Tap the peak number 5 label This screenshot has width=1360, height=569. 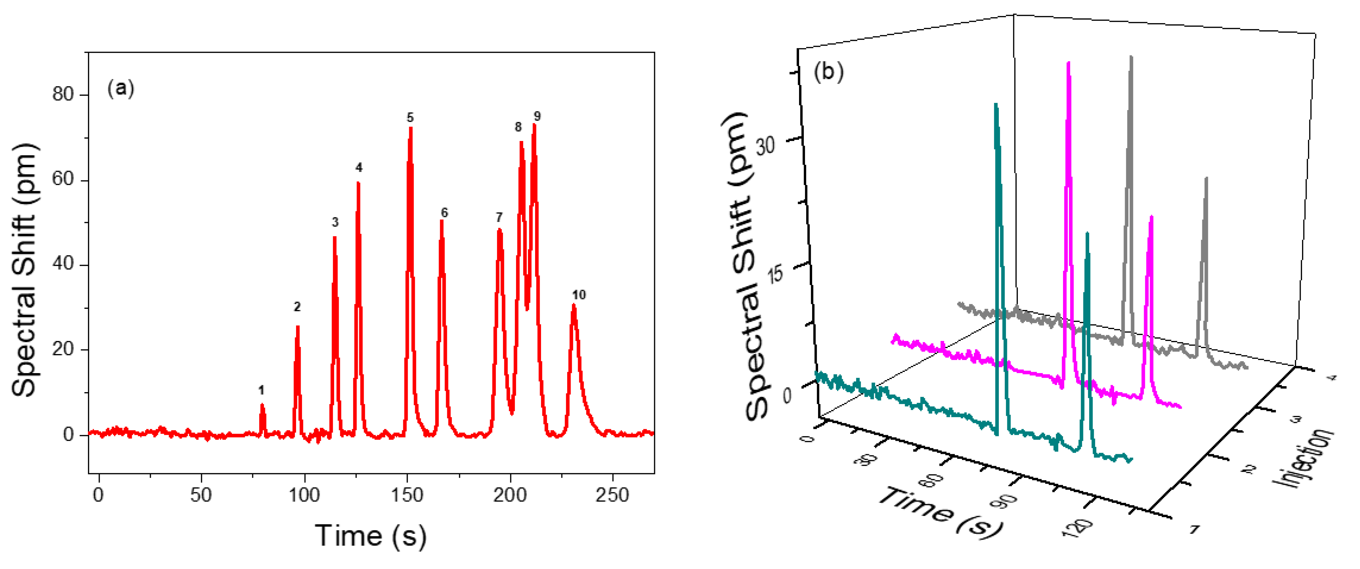point(410,117)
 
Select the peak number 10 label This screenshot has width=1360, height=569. point(579,295)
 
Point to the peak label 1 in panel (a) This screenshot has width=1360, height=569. point(261,391)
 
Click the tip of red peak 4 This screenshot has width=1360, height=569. point(358,183)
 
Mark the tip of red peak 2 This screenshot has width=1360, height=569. point(298,327)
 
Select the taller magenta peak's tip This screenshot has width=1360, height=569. point(1069,63)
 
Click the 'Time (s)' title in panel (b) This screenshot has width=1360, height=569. point(940,513)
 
